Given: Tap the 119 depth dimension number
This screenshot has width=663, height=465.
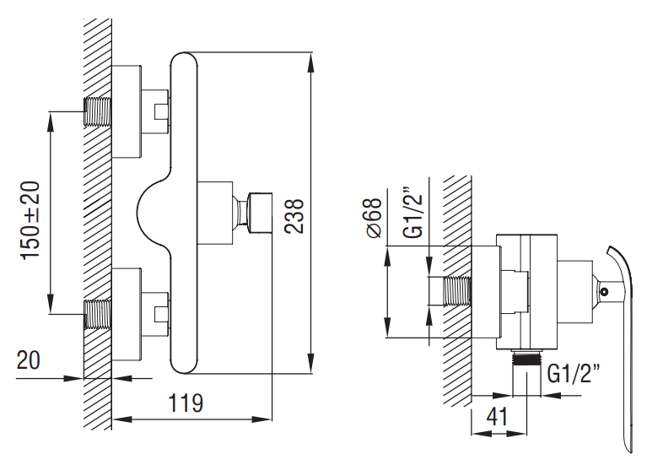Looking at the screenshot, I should click(x=185, y=403).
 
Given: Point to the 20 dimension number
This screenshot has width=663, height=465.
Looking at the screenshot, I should click(x=29, y=360).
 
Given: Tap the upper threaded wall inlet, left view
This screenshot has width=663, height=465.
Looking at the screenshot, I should click(x=99, y=111).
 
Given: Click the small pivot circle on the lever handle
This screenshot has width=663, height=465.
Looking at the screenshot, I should click(x=605, y=291).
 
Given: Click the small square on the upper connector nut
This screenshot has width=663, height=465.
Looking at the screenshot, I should click(x=160, y=111).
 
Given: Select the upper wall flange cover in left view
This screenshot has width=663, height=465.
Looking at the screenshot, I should click(x=126, y=111).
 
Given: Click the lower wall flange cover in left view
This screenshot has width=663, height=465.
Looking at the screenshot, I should click(x=126, y=313).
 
